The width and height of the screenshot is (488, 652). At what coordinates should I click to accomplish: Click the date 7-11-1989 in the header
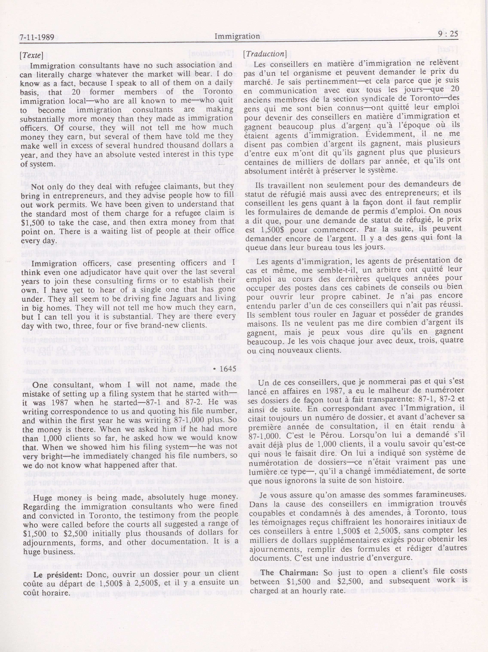point(37,37)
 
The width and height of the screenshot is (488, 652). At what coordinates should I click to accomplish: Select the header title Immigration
point(237,36)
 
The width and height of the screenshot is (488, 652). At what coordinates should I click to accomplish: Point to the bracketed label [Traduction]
point(265,54)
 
